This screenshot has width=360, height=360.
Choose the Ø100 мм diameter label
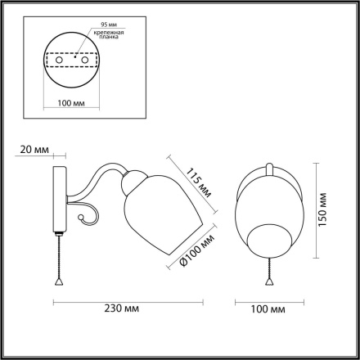(x=193, y=249)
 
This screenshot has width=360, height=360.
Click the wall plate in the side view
(x=59, y=205)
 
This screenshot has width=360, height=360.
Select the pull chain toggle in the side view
(x=59, y=279)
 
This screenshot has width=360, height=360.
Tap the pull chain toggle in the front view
(x=267, y=279)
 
